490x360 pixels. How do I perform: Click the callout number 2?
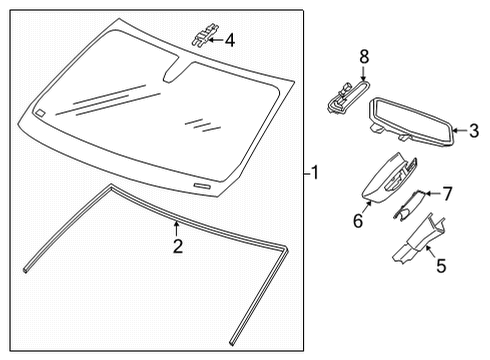(x=177, y=246)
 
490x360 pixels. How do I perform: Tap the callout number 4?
(x=230, y=41)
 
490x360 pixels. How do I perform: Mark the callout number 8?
(x=364, y=57)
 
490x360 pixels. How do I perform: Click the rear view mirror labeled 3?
(x=410, y=117)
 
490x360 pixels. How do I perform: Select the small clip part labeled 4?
(x=201, y=38)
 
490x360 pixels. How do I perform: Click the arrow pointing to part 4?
(x=217, y=41)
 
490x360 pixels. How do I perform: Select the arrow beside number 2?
(x=177, y=229)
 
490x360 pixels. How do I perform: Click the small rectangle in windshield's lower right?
(x=203, y=186)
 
